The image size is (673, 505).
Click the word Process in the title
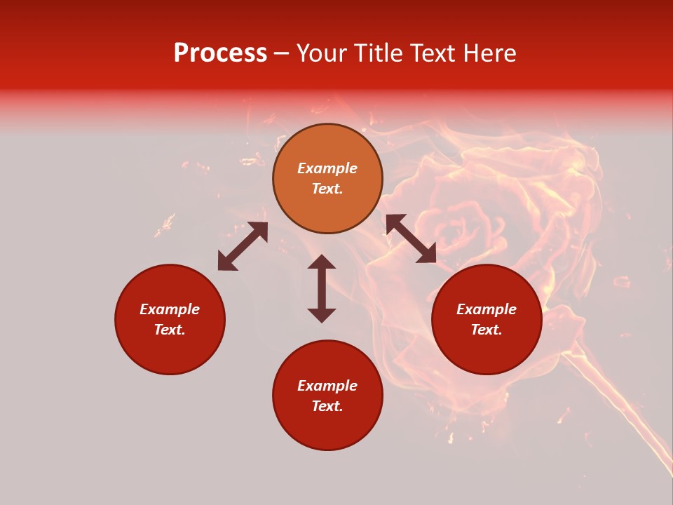pos(220,53)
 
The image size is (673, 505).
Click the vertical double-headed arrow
pos(322,288)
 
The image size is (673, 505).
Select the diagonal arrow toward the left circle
pos(243,246)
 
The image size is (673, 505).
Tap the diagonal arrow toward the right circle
pos(411,238)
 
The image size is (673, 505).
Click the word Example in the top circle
pos(327,168)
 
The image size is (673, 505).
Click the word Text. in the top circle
pos(327,189)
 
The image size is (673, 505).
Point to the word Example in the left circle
pos(170,309)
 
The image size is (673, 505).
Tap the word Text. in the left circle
pos(170,330)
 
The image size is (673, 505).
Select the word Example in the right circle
pos(487,309)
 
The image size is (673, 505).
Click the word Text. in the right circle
pos(487,330)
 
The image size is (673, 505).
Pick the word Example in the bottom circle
pos(327,386)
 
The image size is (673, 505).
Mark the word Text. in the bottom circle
pos(327,406)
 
